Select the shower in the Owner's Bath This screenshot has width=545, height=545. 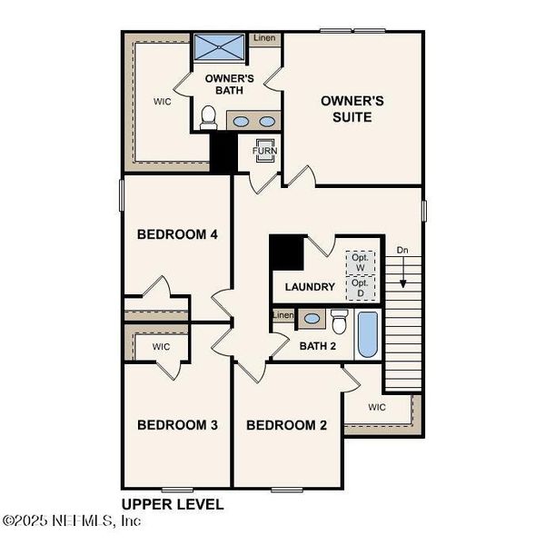pyautogui.click(x=218, y=47)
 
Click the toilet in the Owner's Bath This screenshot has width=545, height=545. pyautogui.click(x=208, y=116)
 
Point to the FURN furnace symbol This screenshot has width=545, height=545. pyautogui.click(x=264, y=151)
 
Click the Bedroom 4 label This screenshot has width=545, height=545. pyautogui.click(x=177, y=234)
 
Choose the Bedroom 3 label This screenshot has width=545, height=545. pyautogui.click(x=177, y=424)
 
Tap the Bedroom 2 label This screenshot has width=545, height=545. pyautogui.click(x=286, y=424)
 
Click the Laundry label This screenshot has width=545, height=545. pyautogui.click(x=310, y=287)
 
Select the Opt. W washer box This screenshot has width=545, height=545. pyautogui.click(x=360, y=262)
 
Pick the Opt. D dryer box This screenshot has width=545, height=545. pyautogui.click(x=360, y=288)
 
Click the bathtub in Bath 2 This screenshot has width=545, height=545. pyautogui.click(x=367, y=334)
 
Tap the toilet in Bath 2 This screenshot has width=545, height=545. pyautogui.click(x=339, y=322)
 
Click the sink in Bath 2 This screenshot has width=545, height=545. pyautogui.click(x=312, y=318)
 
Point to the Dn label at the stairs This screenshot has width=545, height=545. pyautogui.click(x=402, y=250)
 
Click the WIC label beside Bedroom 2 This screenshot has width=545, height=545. pyautogui.click(x=377, y=407)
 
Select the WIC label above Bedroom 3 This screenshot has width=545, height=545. pyautogui.click(x=161, y=347)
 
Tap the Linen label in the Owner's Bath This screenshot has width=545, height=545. pyautogui.click(x=264, y=38)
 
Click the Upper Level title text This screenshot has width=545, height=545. pyautogui.click(x=173, y=504)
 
